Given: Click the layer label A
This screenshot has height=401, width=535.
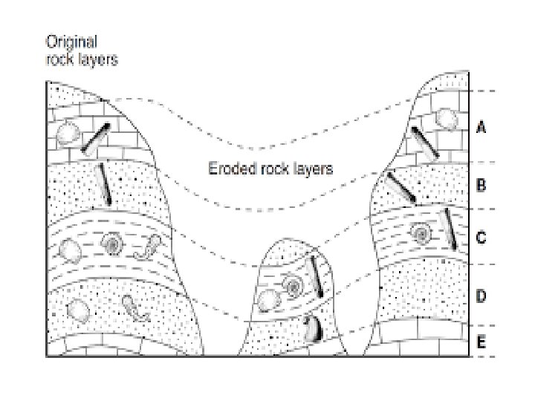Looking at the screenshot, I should pos(481,128).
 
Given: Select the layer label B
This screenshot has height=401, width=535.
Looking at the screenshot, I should pos(481,184).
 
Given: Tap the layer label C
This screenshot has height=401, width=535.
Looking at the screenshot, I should pos(481,238).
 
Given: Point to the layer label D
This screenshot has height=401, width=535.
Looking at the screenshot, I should pos(481,296).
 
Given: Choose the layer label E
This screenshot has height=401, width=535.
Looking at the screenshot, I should pos(481,342).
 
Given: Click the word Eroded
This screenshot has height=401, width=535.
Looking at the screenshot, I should pos(225,169).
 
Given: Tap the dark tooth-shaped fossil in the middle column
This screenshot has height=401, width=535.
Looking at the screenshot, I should pos(310,327).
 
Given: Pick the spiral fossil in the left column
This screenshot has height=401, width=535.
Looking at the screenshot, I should pos(114,243).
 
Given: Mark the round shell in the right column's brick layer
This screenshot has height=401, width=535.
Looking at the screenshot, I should pos(446,119).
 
